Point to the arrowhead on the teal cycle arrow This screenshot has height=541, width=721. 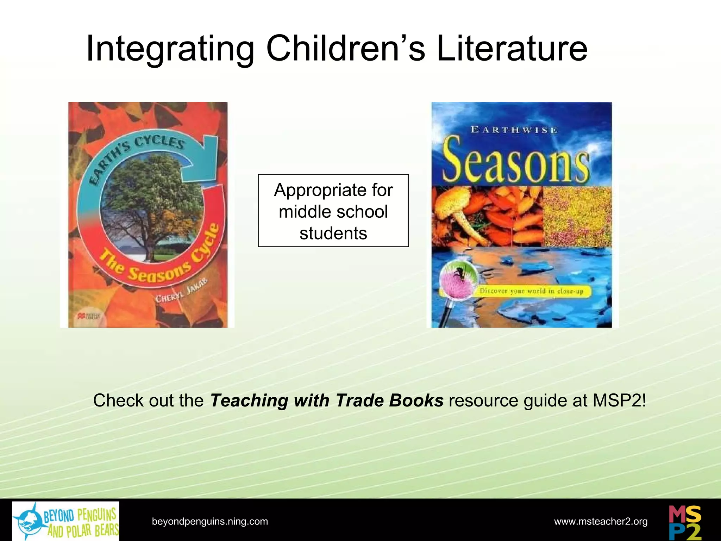tap(202, 155)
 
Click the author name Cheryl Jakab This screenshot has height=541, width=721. tap(182, 291)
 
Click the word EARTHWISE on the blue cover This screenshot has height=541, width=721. tap(514, 130)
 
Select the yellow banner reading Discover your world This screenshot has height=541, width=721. tap(532, 291)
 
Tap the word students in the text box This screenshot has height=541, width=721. tap(333, 233)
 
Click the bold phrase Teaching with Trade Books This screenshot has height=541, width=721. tap(327, 400)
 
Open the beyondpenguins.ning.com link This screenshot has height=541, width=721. tap(210, 521)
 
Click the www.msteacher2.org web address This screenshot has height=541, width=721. tap(601, 521)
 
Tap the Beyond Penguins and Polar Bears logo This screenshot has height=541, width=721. tap(66, 521)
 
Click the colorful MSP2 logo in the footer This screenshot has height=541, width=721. tap(685, 522)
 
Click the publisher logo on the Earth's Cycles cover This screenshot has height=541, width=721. tap(89, 316)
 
